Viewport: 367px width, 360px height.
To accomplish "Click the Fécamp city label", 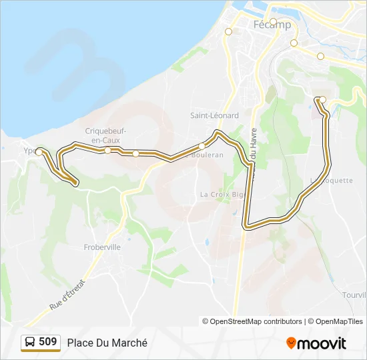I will (273, 25).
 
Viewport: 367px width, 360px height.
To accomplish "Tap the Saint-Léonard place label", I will (214, 115).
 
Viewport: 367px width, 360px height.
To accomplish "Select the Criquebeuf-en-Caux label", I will (106, 135).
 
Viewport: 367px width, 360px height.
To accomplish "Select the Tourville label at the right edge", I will (354, 295).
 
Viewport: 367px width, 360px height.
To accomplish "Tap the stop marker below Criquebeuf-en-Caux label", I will (107, 151).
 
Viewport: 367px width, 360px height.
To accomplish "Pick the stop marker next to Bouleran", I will (202, 147).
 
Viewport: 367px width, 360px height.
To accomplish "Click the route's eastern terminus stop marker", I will (322, 100).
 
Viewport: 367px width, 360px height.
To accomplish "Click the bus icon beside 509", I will (30, 343).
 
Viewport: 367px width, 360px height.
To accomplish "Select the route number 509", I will (48, 342).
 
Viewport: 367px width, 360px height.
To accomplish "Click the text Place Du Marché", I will (107, 343).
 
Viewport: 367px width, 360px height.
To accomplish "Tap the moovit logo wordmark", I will (322, 343).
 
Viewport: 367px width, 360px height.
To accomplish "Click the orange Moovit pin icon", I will (291, 343).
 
